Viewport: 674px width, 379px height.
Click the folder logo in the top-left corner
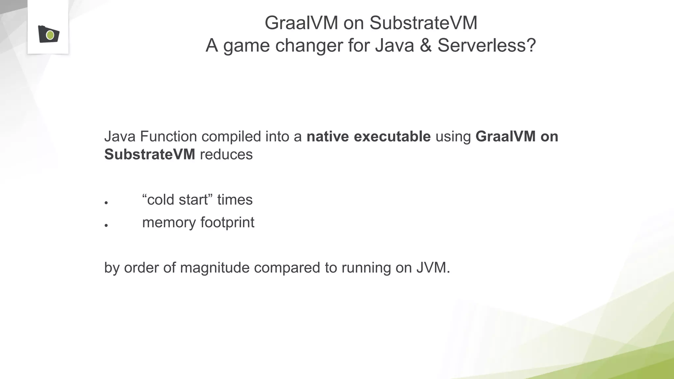(48, 34)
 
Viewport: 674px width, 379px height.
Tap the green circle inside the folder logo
(50, 35)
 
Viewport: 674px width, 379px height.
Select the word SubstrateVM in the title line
(423, 23)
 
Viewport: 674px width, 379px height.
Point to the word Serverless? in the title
(487, 45)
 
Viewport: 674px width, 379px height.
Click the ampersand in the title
(426, 45)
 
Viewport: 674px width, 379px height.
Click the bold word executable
(392, 137)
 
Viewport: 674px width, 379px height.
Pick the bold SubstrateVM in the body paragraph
(150, 155)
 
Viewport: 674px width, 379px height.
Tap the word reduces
(226, 155)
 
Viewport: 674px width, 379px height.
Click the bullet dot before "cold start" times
(106, 203)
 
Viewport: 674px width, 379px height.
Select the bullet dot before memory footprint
(106, 225)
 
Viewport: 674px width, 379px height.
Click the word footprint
(227, 223)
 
